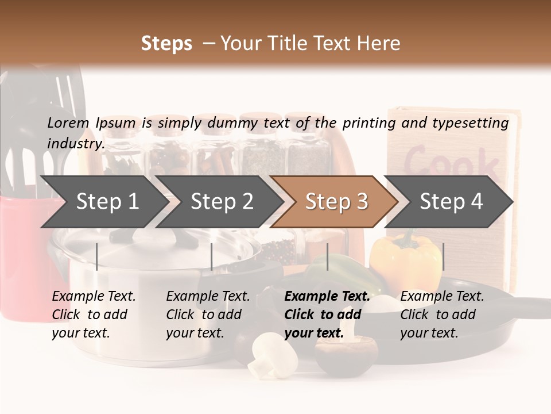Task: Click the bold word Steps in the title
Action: click(x=166, y=44)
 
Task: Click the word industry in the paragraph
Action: click(x=75, y=143)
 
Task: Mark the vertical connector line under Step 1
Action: click(x=96, y=256)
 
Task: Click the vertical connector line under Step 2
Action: click(x=212, y=256)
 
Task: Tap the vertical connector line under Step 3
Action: click(x=327, y=256)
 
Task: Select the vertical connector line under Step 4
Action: click(x=443, y=256)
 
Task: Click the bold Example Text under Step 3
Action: click(x=327, y=297)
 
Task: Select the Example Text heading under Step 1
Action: click(x=94, y=297)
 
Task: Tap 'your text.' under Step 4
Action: click(x=429, y=333)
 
